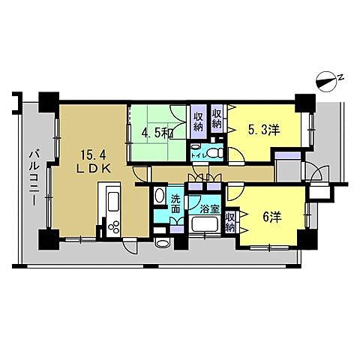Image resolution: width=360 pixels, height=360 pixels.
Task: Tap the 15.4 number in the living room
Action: click(x=97, y=154)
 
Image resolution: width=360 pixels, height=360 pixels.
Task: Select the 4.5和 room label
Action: click(x=158, y=134)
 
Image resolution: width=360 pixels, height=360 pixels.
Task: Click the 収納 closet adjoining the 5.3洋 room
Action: click(x=217, y=120)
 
